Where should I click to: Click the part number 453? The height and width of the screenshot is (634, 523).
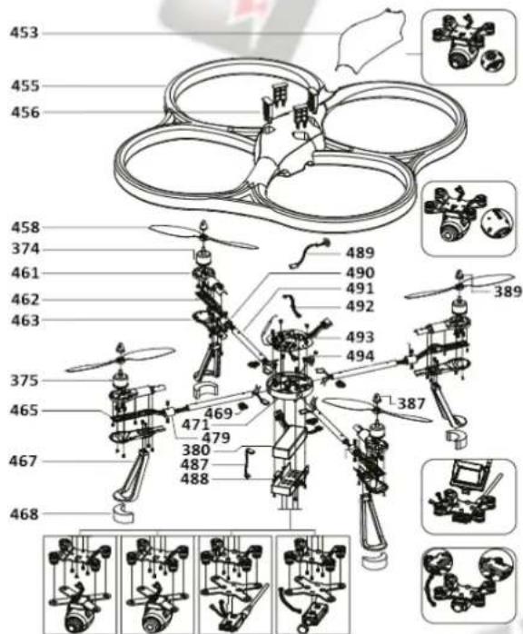[25, 34]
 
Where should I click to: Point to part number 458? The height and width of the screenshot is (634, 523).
[25, 227]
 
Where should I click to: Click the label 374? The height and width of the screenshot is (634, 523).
[25, 249]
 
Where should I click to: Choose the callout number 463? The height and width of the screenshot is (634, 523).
[25, 320]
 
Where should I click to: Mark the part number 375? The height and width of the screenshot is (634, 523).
[25, 381]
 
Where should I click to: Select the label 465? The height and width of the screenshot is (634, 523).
[25, 411]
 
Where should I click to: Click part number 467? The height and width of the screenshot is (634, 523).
[25, 461]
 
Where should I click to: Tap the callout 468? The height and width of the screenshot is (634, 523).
[25, 514]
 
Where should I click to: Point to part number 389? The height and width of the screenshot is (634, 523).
[508, 292]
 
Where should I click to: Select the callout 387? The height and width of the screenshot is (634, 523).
[411, 402]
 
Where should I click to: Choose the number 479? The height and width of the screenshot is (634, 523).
[215, 438]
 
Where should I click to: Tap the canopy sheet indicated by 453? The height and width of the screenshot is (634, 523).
[368, 45]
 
